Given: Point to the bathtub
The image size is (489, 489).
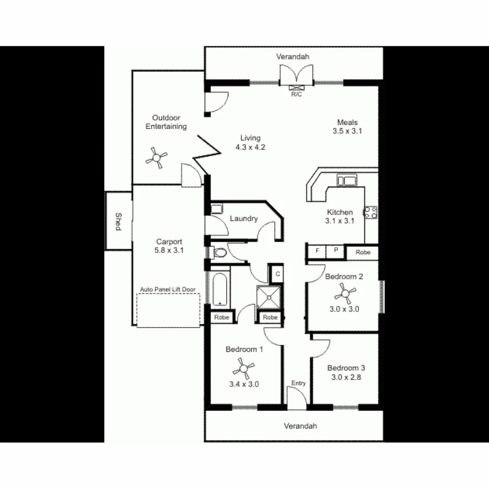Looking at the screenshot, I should tap(221, 290).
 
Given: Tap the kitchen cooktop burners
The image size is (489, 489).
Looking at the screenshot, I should tap(371, 212).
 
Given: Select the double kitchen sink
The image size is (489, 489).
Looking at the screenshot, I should tap(347, 181).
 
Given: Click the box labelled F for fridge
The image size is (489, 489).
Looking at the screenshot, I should tap(317, 250).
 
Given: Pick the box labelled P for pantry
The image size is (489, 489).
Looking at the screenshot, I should tap(336, 250).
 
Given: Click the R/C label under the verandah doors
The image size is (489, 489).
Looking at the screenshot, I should tap(297, 94).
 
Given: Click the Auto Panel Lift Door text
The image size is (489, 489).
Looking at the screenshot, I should tap(169, 288).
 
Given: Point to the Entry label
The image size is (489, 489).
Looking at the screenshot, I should tap(298, 383).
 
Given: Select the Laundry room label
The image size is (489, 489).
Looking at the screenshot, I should tap(244, 219).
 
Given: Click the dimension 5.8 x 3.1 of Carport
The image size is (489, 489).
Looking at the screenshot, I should tap(169, 250).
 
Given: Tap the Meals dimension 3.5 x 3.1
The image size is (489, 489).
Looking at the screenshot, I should tap(347, 131).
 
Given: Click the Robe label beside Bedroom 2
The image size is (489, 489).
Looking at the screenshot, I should tap(363, 252).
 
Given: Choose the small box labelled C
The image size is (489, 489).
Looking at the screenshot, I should tap(277, 274).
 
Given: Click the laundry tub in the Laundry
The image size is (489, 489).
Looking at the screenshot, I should tap(216, 209).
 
